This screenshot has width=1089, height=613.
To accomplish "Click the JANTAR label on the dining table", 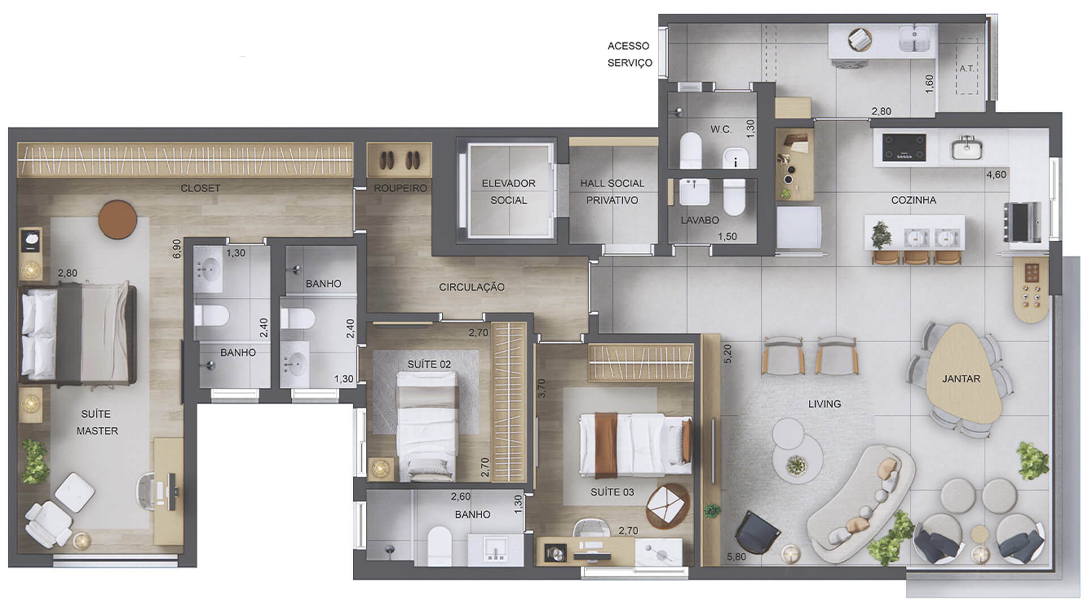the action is (x=961, y=379).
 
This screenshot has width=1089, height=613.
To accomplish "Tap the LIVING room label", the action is (x=824, y=404).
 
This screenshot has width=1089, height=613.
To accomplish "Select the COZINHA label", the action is (x=913, y=200).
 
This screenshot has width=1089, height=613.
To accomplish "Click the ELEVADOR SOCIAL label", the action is (x=508, y=192).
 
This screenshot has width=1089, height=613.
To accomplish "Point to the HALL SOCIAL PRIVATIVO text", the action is (x=612, y=192).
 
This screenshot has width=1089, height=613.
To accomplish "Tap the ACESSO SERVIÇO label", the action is (x=630, y=54).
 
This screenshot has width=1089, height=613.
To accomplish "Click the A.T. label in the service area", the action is (x=966, y=68).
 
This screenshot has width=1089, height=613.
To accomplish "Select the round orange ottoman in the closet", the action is (x=117, y=219).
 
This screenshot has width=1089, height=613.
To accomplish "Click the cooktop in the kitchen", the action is (x=904, y=147).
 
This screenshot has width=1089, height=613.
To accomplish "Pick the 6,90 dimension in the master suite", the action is (x=176, y=249).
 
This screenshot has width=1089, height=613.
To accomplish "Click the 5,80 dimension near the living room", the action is (x=736, y=557).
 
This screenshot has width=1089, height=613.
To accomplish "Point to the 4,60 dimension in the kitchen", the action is (x=996, y=175).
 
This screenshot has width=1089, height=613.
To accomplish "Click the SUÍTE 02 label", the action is (x=429, y=364).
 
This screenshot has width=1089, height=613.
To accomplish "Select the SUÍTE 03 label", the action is (x=612, y=492).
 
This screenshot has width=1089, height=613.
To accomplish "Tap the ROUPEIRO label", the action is (x=400, y=188).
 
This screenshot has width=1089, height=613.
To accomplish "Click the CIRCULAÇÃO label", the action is (x=471, y=287).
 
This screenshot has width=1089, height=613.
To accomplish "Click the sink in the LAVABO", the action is (x=694, y=192).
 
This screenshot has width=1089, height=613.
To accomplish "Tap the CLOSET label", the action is (x=200, y=188).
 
